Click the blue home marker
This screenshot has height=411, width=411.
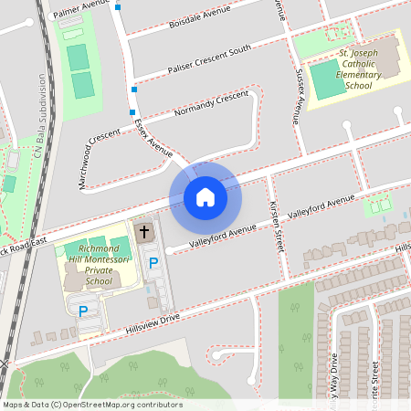coord(205,197)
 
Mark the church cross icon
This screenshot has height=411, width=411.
coord(143,233)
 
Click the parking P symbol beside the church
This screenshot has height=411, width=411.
coord(153,263)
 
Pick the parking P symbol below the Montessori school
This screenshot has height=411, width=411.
coord(83,311)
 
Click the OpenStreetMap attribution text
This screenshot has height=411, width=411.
coord(91,404)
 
